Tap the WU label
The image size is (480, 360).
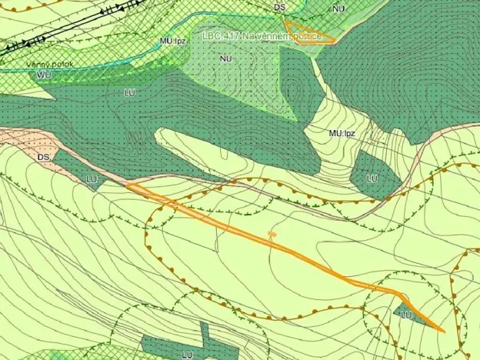point(44,75)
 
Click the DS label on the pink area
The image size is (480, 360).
point(45,157)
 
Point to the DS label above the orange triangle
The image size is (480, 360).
point(279,7)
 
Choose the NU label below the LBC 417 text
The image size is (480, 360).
point(225,58)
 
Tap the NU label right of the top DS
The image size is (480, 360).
point(338,8)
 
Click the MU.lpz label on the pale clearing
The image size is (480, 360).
point(342,133)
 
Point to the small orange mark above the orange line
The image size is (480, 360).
point(271,232)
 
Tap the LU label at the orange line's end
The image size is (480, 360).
point(407,315)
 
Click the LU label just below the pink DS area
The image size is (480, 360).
point(92,179)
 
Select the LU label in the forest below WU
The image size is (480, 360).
point(129,92)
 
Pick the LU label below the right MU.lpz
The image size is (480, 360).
point(372,178)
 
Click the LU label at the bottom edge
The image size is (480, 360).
point(187,354)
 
